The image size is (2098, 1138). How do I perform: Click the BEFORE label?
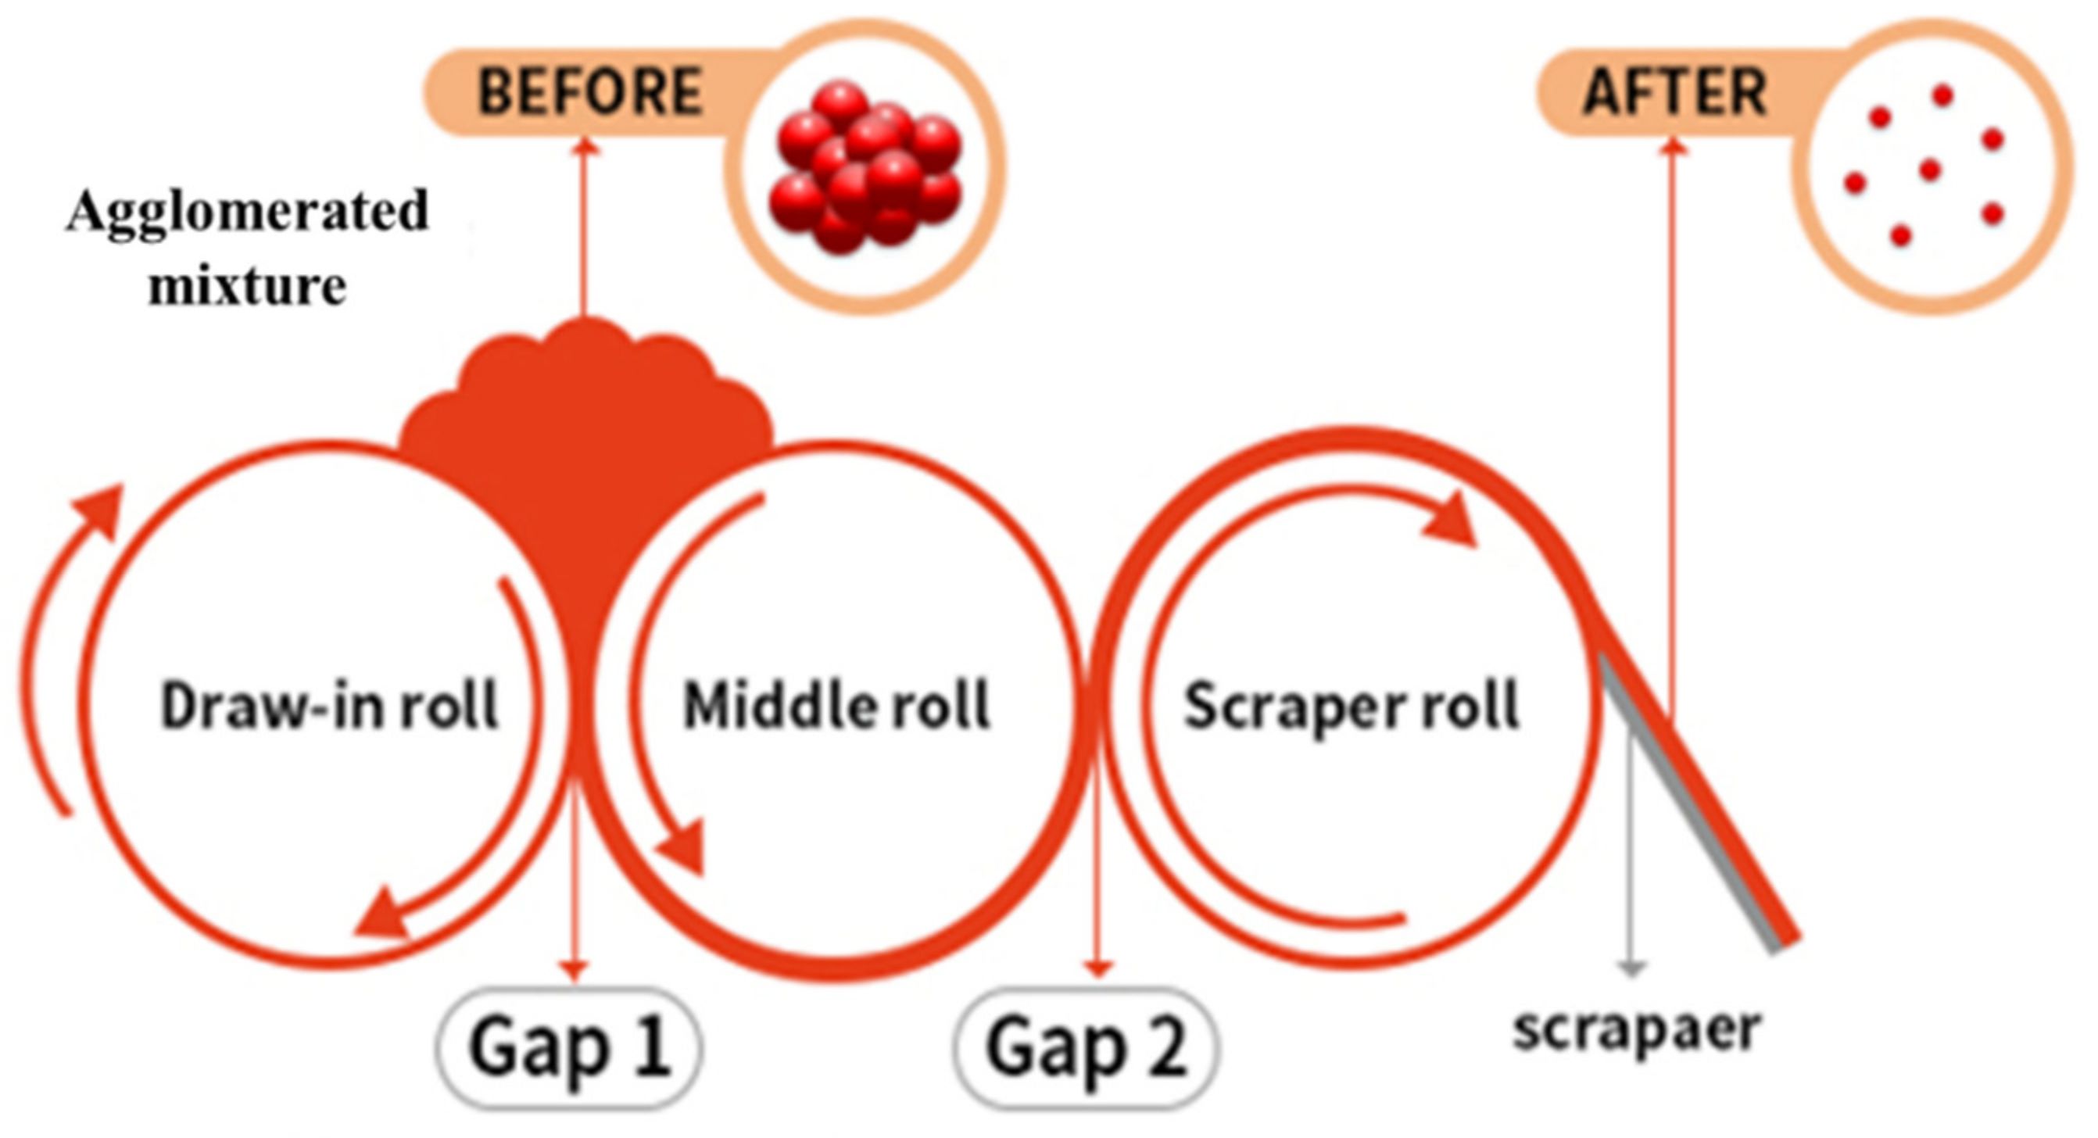[589, 91]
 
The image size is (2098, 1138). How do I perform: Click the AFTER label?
[1674, 91]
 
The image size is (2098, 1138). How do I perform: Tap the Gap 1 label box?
[569, 1047]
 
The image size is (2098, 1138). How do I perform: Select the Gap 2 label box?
[1086, 1047]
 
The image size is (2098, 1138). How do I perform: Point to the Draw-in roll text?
[329, 706]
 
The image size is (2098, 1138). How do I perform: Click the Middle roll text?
[836, 706]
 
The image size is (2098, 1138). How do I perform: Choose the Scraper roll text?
[1352, 706]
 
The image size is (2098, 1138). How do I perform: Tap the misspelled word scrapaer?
[1637, 1029]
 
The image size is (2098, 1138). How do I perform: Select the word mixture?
[248, 287]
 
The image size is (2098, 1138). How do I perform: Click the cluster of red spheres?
[865, 167]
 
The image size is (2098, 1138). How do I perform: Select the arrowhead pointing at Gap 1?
[575, 969]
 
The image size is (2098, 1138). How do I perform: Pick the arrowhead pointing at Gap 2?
[1098, 968]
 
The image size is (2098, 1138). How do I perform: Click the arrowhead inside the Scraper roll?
[1454, 521]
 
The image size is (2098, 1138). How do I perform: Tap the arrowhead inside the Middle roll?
[684, 851]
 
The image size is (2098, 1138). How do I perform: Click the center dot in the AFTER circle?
[1930, 170]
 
